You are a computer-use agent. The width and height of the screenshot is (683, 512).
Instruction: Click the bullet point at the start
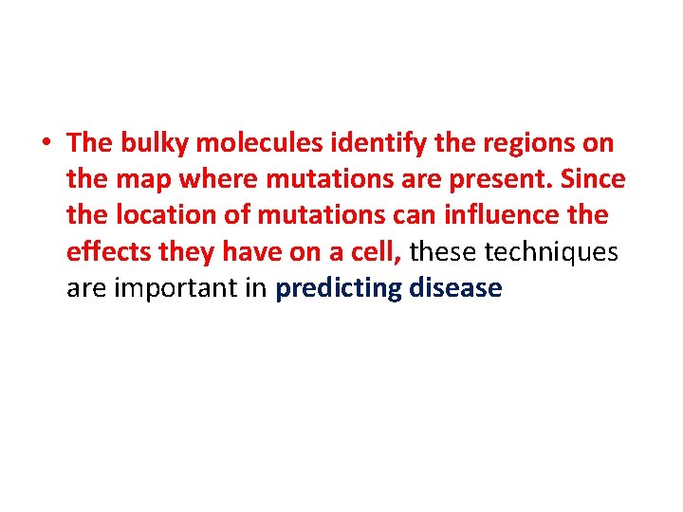[x=46, y=144]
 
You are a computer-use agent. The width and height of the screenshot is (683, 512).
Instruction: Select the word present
[x=504, y=180]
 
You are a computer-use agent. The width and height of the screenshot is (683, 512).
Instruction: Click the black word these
[x=444, y=252]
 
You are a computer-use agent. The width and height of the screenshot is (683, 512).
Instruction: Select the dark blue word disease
[x=455, y=288]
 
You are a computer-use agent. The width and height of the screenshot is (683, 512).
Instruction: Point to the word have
[x=241, y=252]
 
